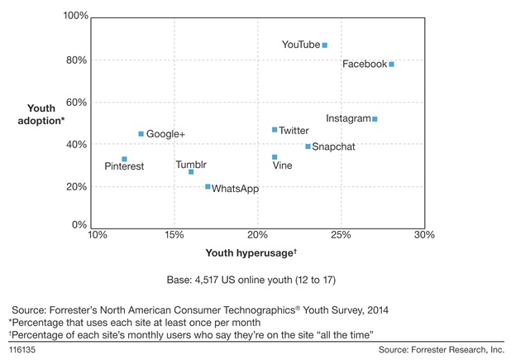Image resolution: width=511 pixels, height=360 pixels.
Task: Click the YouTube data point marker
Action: (325, 45)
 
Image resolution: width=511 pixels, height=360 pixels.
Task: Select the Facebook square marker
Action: (391, 64)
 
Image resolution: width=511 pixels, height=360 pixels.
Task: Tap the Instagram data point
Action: (375, 119)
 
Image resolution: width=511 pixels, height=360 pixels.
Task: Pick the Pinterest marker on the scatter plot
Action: (124, 159)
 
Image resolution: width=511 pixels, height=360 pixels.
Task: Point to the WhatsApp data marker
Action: (208, 187)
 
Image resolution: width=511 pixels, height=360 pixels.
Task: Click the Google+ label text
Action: (166, 134)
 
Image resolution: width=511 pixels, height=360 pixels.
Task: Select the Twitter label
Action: (294, 130)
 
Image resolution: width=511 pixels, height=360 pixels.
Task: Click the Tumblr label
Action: (191, 165)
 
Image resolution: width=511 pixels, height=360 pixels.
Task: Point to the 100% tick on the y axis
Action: (75, 17)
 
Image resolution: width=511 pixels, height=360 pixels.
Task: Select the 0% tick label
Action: (80, 225)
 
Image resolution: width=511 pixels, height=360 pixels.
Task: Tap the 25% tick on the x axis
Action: (341, 235)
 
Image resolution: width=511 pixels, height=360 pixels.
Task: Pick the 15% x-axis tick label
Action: (174, 235)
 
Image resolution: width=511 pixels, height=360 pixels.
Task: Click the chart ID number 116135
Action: (22, 351)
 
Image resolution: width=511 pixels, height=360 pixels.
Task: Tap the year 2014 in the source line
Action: (372, 309)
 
